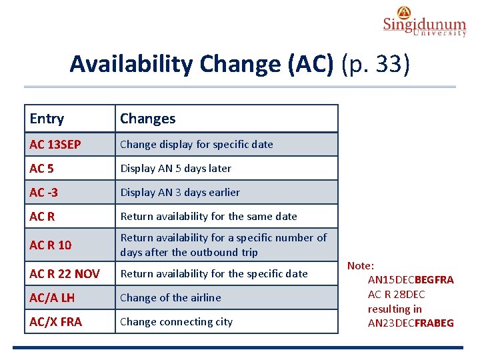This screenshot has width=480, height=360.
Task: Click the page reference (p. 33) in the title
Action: click(x=375, y=64)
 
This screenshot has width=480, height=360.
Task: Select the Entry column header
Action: click(x=47, y=119)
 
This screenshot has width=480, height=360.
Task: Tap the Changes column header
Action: click(x=147, y=119)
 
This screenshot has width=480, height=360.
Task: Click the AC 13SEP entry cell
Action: click(x=56, y=145)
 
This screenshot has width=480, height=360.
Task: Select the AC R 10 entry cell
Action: click(x=50, y=245)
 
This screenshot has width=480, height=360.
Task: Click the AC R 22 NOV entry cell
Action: click(x=65, y=274)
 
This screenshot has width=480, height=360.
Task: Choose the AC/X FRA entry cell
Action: click(x=56, y=322)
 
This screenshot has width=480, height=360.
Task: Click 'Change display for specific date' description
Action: click(x=196, y=145)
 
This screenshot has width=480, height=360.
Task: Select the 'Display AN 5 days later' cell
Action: click(x=175, y=169)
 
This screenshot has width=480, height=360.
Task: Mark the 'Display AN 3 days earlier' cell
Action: click(x=180, y=193)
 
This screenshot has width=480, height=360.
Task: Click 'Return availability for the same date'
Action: click(x=208, y=217)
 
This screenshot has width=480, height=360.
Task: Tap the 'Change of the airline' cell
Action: click(x=170, y=298)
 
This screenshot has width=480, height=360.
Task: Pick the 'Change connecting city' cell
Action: click(x=176, y=322)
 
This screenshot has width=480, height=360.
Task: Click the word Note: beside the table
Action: click(x=361, y=265)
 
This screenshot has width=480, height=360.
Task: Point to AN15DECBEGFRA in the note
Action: click(x=411, y=280)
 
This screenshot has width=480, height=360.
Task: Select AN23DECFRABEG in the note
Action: click(x=411, y=323)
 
